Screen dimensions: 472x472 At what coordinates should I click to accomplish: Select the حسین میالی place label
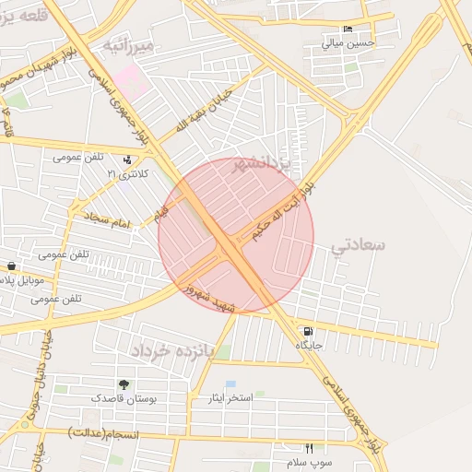348,42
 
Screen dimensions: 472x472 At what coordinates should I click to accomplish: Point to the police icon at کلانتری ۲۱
127,159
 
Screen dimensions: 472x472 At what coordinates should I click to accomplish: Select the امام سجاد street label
110,218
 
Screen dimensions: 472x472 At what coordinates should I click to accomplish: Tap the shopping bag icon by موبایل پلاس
9,265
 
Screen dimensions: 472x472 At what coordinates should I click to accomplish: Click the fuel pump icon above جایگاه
306,331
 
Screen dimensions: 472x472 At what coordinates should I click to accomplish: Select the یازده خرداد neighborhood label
171,351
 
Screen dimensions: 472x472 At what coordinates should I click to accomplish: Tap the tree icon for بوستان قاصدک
124,383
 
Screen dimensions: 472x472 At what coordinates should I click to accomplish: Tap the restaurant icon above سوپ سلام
309,447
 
